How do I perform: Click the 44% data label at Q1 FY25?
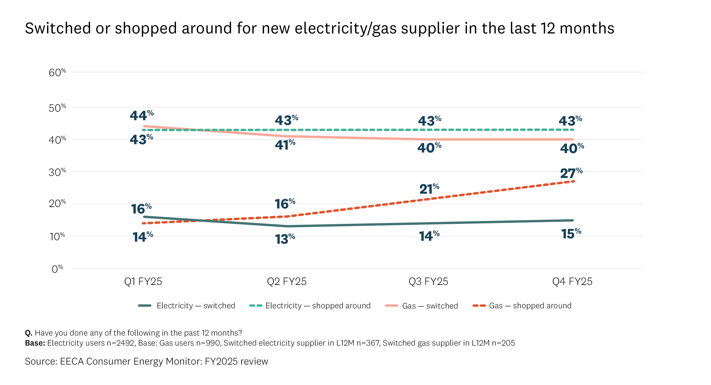142,115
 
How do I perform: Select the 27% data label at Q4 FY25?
571,173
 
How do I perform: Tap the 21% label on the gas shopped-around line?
429,189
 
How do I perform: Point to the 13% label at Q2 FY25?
285,239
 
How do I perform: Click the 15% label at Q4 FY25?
571,234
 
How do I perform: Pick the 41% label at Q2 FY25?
285,145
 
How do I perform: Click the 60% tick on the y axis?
57,73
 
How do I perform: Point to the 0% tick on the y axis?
57,269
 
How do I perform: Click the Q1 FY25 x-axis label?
143,281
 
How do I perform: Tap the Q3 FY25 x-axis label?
428,281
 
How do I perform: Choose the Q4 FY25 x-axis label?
572,281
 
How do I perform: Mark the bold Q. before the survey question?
28,333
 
